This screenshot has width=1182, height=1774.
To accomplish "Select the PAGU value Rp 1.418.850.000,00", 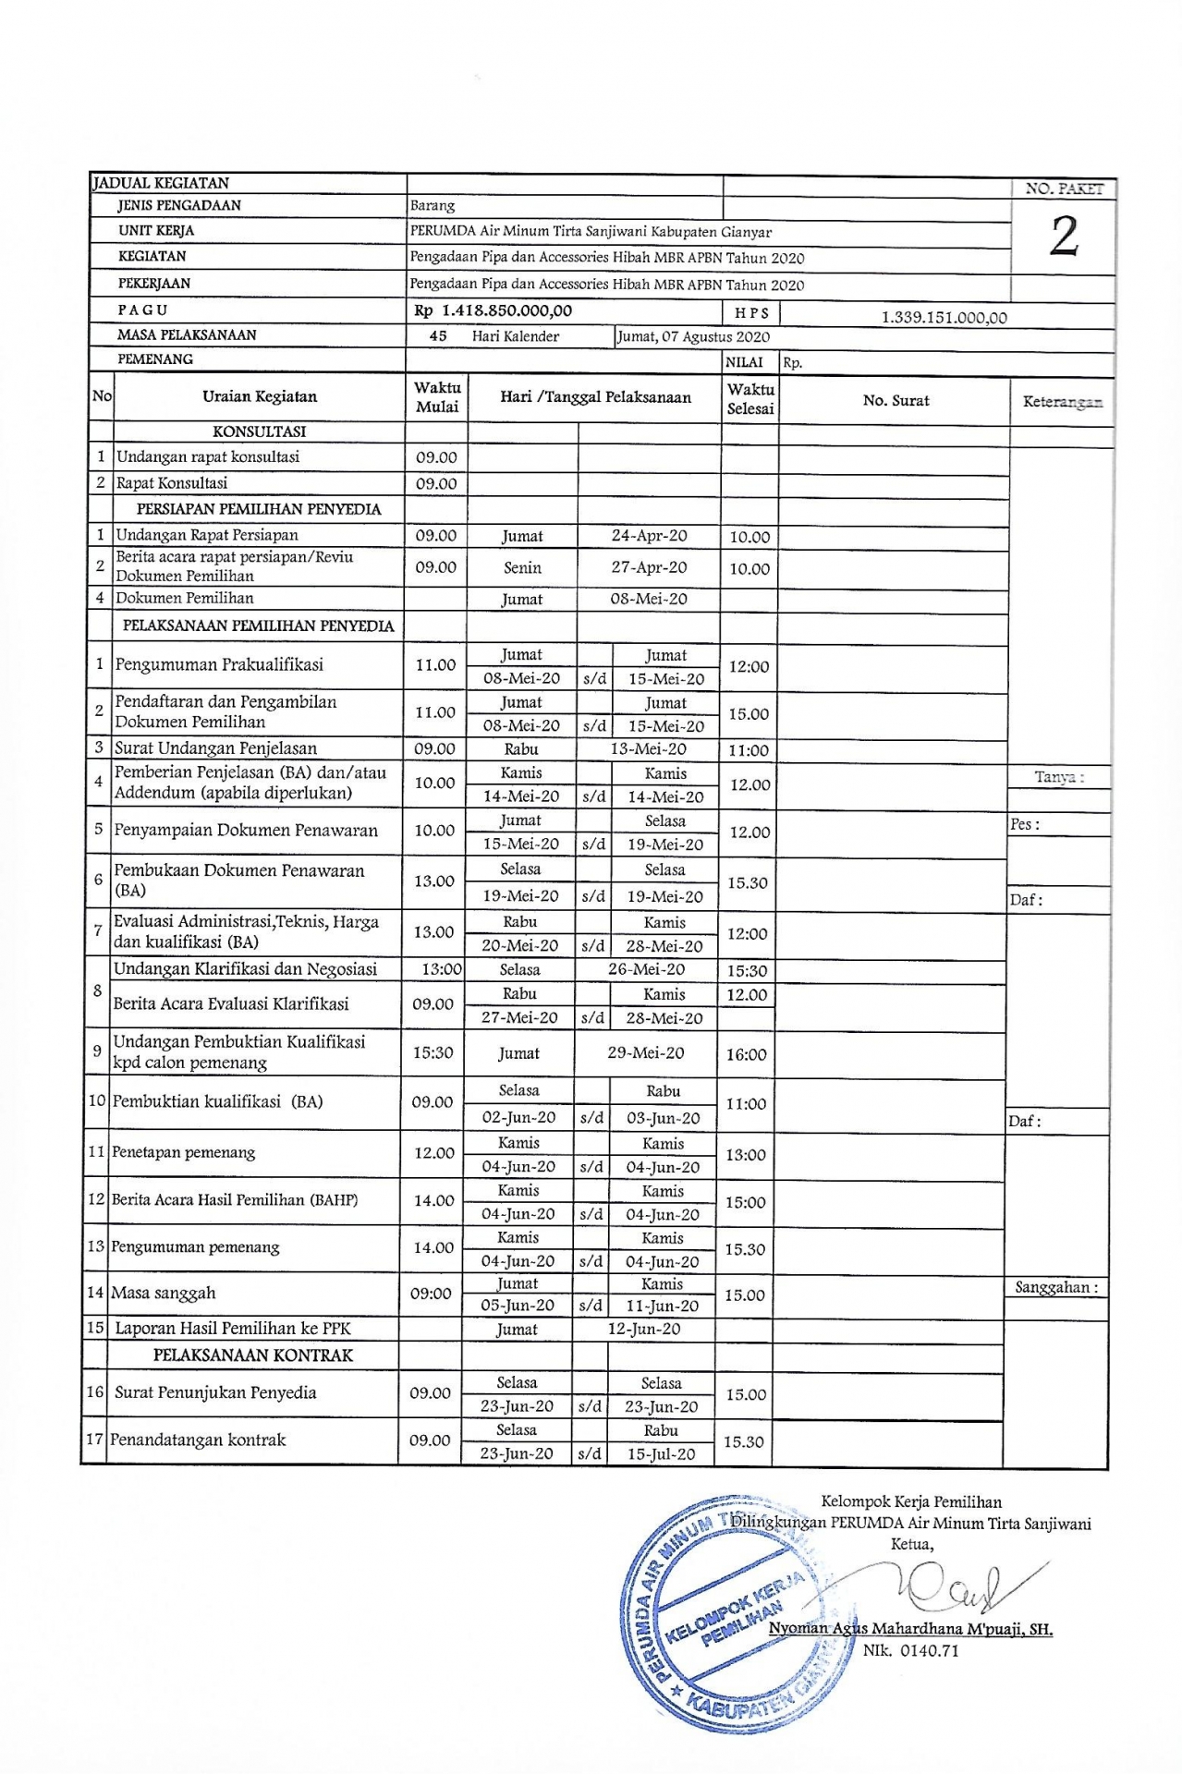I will click(494, 311).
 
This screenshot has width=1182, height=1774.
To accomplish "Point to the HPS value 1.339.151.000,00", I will click(944, 318).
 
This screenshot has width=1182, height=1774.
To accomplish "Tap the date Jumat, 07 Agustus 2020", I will click(693, 336).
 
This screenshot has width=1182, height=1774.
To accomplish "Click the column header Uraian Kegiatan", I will click(260, 396).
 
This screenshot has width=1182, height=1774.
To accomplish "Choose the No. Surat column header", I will click(896, 400).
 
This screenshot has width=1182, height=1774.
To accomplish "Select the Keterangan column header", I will click(1062, 402).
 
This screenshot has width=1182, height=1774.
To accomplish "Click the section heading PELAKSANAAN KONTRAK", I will click(253, 1355).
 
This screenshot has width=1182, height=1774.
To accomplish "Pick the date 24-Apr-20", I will click(649, 536).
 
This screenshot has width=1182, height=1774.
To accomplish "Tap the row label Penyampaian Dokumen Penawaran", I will click(246, 830).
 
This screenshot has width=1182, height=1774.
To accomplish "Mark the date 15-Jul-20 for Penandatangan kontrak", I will click(661, 1453).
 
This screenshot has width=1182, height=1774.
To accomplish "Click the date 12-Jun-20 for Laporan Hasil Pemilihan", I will click(643, 1329).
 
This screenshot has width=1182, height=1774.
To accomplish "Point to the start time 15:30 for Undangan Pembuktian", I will click(433, 1052).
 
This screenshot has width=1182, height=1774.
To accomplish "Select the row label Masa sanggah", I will click(163, 1293).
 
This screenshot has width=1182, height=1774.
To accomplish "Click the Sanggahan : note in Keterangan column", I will click(1056, 1287).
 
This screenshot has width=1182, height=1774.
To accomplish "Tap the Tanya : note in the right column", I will click(1059, 777).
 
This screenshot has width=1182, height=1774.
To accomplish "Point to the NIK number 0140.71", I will click(910, 1651).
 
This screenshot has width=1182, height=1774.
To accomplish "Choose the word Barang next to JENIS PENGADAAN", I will click(433, 206).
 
